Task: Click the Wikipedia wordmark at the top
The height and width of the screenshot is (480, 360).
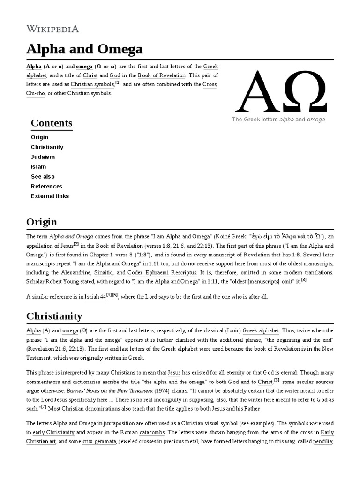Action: pyautogui.click(x=52, y=29)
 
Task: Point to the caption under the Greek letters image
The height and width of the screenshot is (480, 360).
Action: pyautogui.click(x=278, y=120)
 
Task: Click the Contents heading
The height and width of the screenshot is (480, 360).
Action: pyautogui.click(x=52, y=123)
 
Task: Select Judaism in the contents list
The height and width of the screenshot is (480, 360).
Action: pyautogui.click(x=43, y=157)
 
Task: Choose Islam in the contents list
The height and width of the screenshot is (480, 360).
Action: pyautogui.click(x=38, y=167)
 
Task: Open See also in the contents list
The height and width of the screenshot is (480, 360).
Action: pyautogui.click(x=43, y=177)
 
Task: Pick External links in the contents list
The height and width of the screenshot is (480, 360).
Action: pyautogui.click(x=50, y=196)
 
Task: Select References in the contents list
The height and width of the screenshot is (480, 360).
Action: pyautogui.click(x=46, y=187)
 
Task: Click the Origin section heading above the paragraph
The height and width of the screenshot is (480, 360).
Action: pyautogui.click(x=42, y=222)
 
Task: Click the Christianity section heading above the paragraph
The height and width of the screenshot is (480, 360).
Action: pyautogui.click(x=54, y=316)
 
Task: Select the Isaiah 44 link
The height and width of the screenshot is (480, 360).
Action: pyautogui.click(x=95, y=297)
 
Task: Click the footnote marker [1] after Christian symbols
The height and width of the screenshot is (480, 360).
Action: pyautogui.click(x=118, y=83)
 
